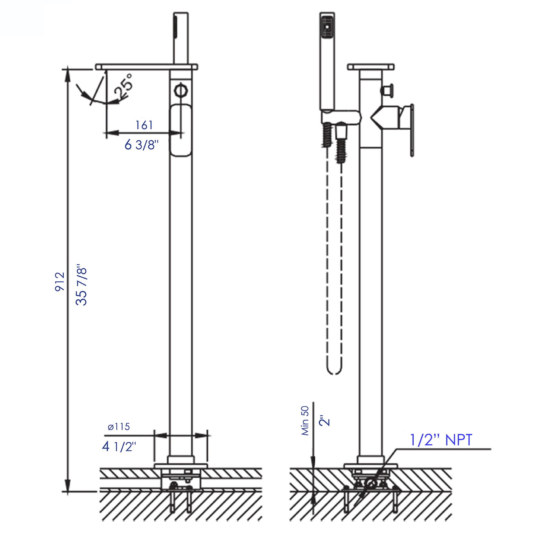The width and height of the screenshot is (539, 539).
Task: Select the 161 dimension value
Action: [x=144, y=125]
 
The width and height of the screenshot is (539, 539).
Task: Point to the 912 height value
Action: [x=60, y=282]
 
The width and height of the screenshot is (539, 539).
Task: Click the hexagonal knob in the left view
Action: [x=181, y=90]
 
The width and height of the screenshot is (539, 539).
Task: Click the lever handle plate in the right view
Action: [x=412, y=130]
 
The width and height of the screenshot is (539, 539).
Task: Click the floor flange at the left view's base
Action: [x=181, y=466]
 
